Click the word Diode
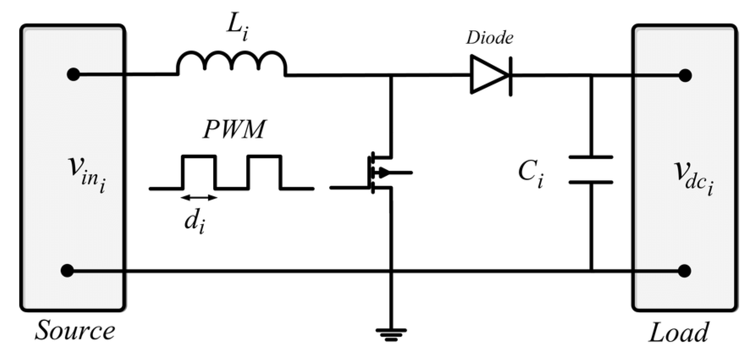click(489, 38)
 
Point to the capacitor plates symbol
click(590, 170)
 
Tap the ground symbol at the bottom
click(391, 335)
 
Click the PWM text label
click(234, 130)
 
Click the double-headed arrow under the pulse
click(199, 198)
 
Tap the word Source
click(75, 331)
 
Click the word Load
click(678, 332)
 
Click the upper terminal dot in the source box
click(73, 74)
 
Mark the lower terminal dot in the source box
click(67, 271)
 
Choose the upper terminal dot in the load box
click(685, 75)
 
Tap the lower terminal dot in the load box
click(685, 271)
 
